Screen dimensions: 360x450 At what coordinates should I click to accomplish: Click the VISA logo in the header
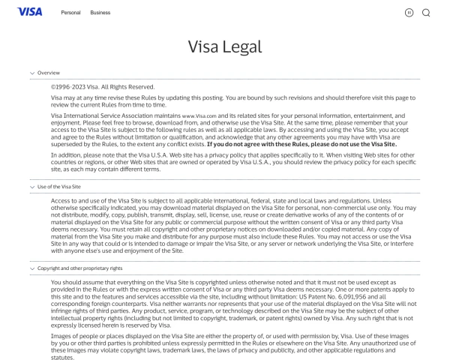click(x=29, y=12)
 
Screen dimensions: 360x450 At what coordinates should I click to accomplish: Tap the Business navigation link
click(x=100, y=13)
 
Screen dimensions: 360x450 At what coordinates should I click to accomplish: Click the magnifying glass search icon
click(x=426, y=13)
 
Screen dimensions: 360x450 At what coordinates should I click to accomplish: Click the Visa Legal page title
click(x=225, y=46)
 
